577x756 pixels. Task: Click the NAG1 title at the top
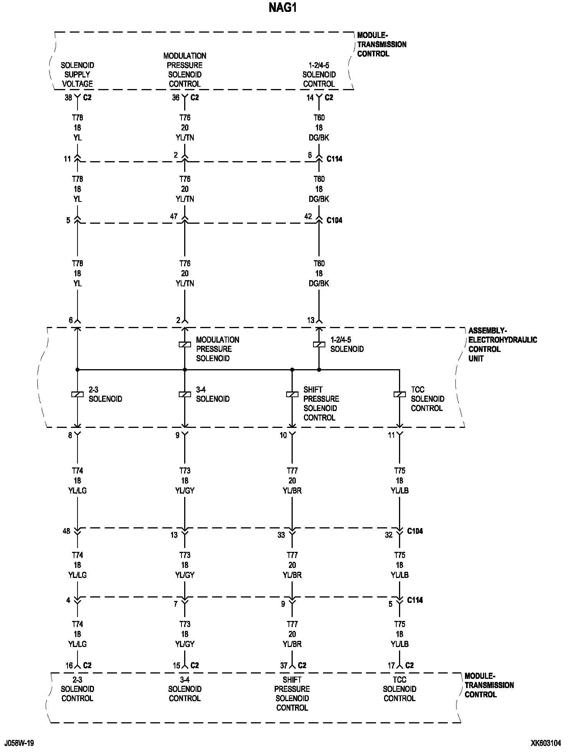tap(283, 8)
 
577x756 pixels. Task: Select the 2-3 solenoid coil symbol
tap(77, 394)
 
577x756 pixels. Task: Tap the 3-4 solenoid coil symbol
tap(185, 394)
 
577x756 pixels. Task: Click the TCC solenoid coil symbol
tap(399, 394)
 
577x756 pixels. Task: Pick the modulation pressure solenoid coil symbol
tap(185, 345)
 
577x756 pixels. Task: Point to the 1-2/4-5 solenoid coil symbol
tap(319, 345)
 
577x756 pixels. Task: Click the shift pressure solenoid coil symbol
tap(292, 394)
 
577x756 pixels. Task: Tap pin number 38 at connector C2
tap(68, 97)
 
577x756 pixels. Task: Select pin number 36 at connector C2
tap(176, 97)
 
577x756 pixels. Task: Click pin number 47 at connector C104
tap(174, 216)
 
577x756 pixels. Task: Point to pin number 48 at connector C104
tap(67, 531)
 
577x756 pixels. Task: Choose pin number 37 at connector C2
tap(284, 665)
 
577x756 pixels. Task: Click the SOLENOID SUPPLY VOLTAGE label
tap(77, 74)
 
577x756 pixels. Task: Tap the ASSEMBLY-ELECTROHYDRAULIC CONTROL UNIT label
tap(502, 345)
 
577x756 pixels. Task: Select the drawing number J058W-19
tap(19, 743)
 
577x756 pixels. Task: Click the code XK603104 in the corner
tap(546, 743)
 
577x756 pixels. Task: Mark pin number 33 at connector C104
tap(282, 535)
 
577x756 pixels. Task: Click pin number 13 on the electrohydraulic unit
tap(311, 320)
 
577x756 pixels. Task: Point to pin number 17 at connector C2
tap(391, 665)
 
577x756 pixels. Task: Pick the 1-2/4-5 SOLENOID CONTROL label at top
tap(319, 74)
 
